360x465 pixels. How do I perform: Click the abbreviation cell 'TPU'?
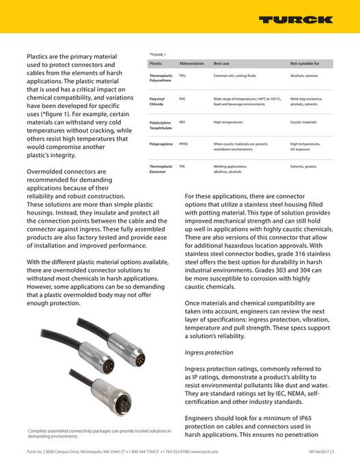click(x=182, y=75)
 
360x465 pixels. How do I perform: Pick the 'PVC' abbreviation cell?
click(x=182, y=99)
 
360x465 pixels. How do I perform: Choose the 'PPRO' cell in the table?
click(x=184, y=144)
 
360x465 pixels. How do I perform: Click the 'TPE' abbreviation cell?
click(x=182, y=166)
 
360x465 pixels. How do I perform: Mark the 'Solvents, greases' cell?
click(x=305, y=166)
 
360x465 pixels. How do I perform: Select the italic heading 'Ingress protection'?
click(x=209, y=352)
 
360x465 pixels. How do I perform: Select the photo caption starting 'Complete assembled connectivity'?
click(x=98, y=434)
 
